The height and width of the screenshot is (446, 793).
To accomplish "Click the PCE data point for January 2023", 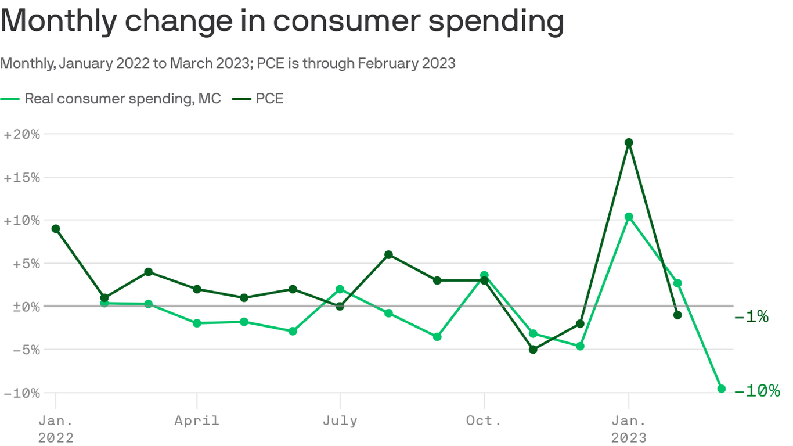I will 629,142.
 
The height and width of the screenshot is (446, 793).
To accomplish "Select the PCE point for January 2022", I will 56,229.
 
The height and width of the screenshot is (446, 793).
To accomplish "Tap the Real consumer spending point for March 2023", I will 722,389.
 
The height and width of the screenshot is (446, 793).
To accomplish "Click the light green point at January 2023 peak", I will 629,217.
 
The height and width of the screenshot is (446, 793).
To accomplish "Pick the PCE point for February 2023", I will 677,315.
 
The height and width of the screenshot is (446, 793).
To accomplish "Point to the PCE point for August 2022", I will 388,254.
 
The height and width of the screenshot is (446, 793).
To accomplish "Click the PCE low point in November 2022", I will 533,350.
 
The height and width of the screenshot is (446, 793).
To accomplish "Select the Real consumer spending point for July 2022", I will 340,289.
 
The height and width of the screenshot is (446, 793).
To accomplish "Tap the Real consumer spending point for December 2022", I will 580,346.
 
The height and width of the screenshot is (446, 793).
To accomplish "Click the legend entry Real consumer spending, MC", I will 122,99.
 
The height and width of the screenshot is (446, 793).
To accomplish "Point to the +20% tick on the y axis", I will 21,134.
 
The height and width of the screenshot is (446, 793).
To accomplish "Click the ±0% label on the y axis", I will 21,306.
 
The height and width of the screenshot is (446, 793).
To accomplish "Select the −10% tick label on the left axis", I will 21,393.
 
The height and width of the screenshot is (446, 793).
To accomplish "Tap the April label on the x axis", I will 197,420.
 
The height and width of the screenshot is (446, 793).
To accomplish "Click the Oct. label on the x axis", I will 484,420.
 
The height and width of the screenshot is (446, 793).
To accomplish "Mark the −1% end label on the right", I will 751,316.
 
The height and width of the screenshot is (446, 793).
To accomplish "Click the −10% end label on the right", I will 757,391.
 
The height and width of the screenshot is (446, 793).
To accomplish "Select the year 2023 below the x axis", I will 629,437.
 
